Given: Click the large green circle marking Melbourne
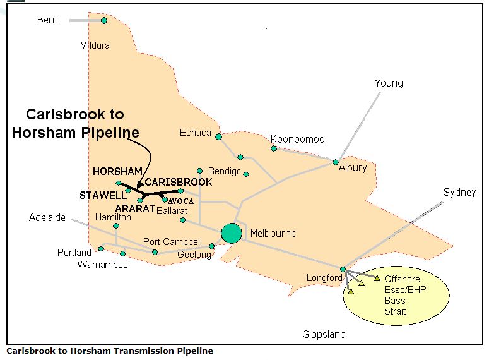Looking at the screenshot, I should (232, 233).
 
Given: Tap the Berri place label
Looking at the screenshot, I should (47, 20).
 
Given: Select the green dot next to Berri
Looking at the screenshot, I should (104, 20).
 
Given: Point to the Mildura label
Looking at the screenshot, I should (95, 45).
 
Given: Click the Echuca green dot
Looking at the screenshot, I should (218, 136).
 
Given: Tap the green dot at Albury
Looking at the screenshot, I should (336, 162).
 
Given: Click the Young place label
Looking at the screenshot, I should (388, 83).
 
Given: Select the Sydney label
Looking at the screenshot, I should (459, 192).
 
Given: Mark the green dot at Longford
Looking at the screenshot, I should (343, 270).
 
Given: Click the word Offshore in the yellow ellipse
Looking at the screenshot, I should (402, 279).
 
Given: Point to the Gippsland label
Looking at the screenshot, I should (324, 334).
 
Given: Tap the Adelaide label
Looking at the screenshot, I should (47, 217).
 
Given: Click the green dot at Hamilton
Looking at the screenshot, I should (116, 225).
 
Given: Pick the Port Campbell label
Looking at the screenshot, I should (172, 242).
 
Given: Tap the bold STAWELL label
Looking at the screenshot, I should (103, 195).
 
